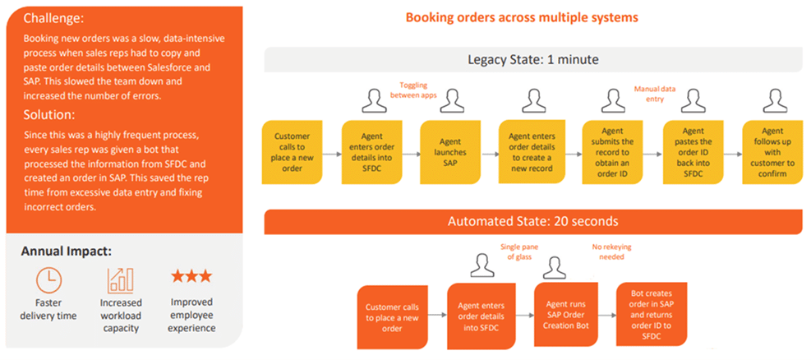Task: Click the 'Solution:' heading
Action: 48,114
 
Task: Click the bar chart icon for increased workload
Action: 120,280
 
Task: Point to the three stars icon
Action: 191,276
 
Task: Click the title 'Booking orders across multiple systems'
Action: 522,17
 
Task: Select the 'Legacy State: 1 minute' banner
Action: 532,59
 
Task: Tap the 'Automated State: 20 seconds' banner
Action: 532,221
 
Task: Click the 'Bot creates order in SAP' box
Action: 650,315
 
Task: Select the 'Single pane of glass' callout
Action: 517,252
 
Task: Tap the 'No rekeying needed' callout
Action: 609,252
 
